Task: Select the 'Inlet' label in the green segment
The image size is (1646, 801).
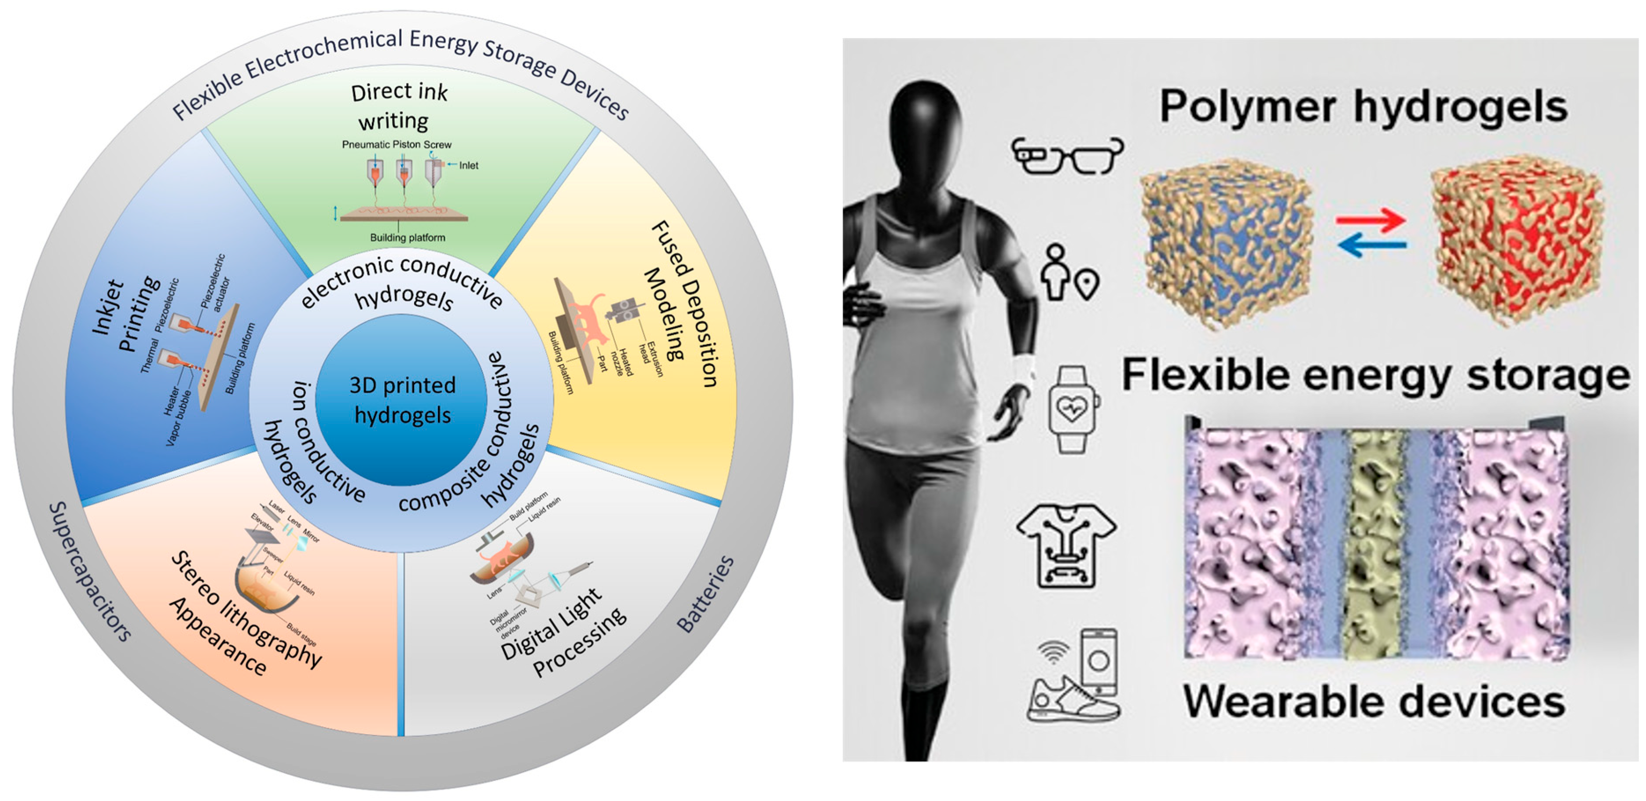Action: pos(468,165)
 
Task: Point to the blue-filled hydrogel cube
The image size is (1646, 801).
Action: pos(1223,243)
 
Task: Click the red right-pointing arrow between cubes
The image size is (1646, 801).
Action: pos(1370,221)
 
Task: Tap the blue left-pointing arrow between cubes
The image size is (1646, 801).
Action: pos(1370,245)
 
